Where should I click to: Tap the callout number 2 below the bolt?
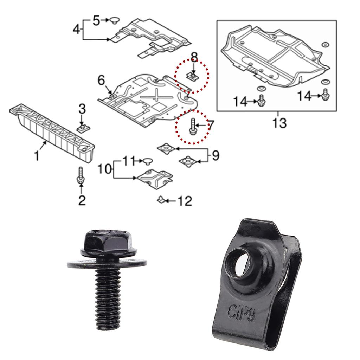82,200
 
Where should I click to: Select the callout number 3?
82,109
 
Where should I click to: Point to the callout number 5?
96,21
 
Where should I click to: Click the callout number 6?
101,80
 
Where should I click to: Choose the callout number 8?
194,57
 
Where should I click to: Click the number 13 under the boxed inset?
279,123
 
